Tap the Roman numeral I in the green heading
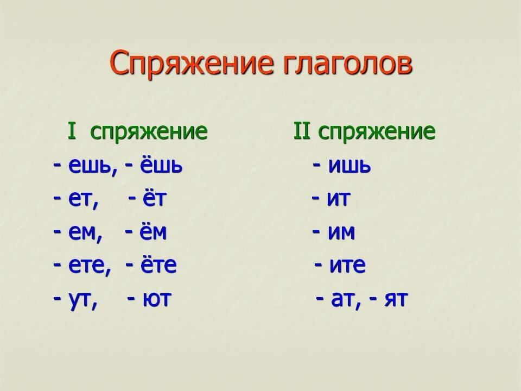tap(72, 131)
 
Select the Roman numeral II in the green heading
tap(302, 131)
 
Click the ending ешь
tap(91, 166)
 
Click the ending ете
tap(88, 266)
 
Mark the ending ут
tap(81, 300)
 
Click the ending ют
tap(157, 299)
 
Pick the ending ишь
tap(349, 165)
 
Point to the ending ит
tap(339, 199)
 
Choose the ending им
tap(341, 232)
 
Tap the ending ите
tap(347, 265)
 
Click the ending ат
tap(343, 299)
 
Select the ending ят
tap(396, 299)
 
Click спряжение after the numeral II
tap(377, 132)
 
